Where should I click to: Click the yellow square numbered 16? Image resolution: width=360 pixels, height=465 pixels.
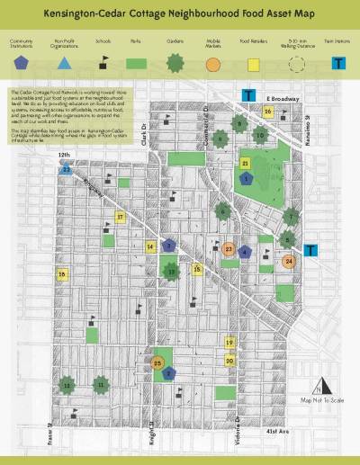[x=268, y=112]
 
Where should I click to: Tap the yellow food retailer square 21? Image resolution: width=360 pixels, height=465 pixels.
[x=245, y=163]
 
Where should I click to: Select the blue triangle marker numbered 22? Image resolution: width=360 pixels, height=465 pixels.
[x=67, y=168]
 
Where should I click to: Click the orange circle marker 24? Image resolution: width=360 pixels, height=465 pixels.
[x=288, y=262]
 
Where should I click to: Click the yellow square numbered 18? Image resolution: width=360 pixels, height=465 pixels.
[x=62, y=274]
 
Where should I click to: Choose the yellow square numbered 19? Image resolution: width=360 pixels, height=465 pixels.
[x=229, y=343]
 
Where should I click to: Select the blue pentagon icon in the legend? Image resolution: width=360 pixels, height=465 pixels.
[x=22, y=64]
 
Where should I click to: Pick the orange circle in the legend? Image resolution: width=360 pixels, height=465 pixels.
[x=212, y=64]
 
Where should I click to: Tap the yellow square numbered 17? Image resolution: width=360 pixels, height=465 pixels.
[x=120, y=217]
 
